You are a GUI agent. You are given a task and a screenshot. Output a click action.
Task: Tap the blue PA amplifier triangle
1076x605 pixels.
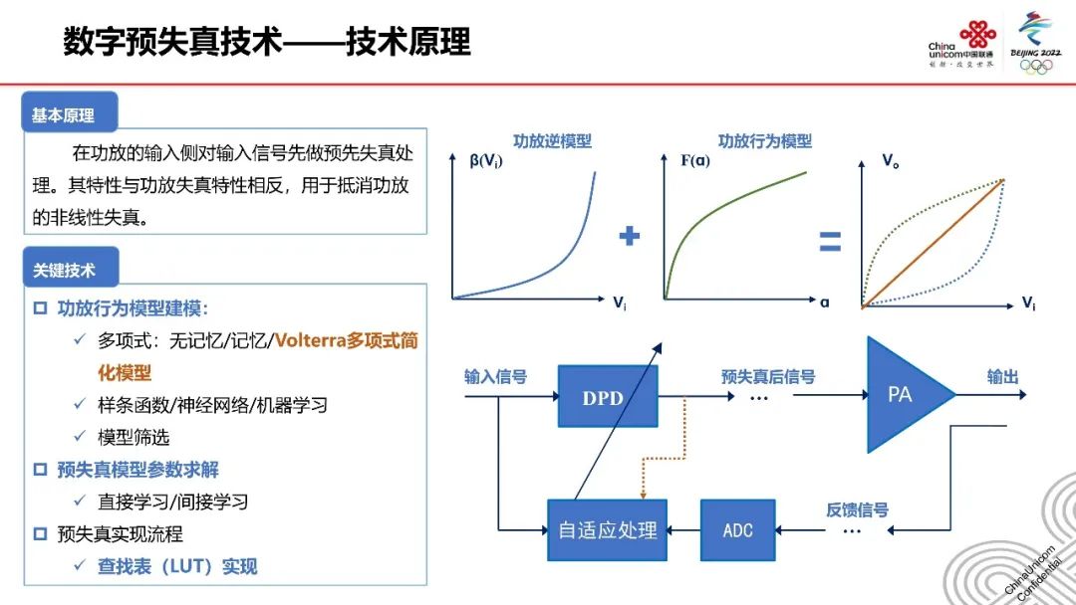click(906, 395)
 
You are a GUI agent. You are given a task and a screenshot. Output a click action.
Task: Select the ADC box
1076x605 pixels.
click(737, 529)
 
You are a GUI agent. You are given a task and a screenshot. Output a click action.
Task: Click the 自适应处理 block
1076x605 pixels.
click(608, 529)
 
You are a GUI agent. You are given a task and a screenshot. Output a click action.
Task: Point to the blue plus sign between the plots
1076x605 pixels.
click(630, 236)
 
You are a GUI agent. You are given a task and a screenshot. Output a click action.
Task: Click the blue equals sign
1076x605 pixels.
click(830, 241)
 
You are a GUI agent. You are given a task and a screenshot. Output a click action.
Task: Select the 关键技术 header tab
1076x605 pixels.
click(71, 268)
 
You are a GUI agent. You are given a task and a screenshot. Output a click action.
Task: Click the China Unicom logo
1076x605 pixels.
click(961, 45)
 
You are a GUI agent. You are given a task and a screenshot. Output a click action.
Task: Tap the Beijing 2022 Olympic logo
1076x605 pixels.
click(1035, 43)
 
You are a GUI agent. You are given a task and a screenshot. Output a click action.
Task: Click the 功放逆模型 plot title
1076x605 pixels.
click(552, 141)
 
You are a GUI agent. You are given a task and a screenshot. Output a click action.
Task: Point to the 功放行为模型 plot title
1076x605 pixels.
click(765, 141)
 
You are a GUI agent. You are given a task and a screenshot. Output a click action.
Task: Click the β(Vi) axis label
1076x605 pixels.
click(486, 161)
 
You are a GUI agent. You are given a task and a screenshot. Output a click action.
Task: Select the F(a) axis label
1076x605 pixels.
click(695, 160)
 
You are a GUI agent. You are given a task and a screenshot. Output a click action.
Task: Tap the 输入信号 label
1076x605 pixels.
click(495, 376)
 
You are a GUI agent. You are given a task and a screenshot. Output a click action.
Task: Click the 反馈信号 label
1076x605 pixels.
click(857, 509)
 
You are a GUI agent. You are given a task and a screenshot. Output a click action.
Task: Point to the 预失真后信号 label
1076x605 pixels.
click(768, 376)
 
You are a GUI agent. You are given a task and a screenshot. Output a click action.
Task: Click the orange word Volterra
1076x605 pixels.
click(310, 340)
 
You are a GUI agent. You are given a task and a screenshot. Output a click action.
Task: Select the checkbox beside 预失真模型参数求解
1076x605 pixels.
click(41, 470)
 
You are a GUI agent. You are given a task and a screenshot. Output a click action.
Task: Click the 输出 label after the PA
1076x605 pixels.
click(1002, 376)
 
